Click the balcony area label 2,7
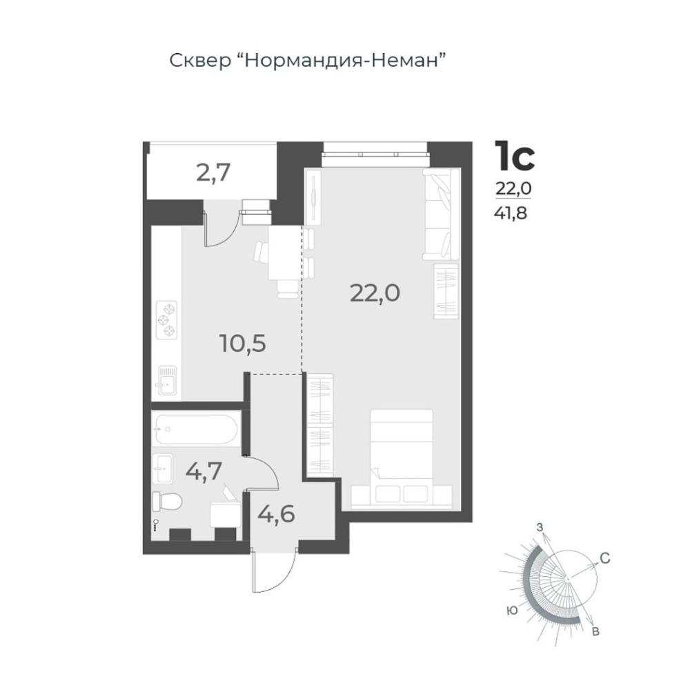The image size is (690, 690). pos(213,173)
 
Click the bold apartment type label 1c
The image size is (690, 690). pos(515,155)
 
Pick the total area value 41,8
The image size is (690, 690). pos(511,213)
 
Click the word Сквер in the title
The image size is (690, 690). pos(200,61)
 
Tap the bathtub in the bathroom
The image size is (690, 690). pos(196,429)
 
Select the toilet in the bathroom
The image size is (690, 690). pos(167,502)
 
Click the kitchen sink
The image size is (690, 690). pos(166,381)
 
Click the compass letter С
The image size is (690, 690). pos(604,558)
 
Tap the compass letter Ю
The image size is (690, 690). pos(512,611)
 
